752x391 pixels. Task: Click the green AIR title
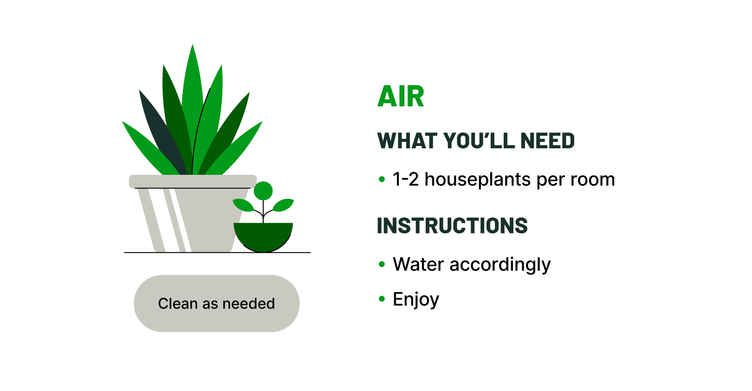401,96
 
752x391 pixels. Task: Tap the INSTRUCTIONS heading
452,225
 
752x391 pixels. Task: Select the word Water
418,264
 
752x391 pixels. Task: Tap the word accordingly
500,265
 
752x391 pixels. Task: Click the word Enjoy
415,299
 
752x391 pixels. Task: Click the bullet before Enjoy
382,299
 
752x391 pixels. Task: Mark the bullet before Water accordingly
382,264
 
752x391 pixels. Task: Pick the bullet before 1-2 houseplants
382,179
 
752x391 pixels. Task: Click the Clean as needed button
216,304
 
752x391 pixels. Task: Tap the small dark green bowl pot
263,236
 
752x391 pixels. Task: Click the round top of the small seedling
263,191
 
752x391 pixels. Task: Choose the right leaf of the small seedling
284,205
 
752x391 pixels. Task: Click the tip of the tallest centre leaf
193,49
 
